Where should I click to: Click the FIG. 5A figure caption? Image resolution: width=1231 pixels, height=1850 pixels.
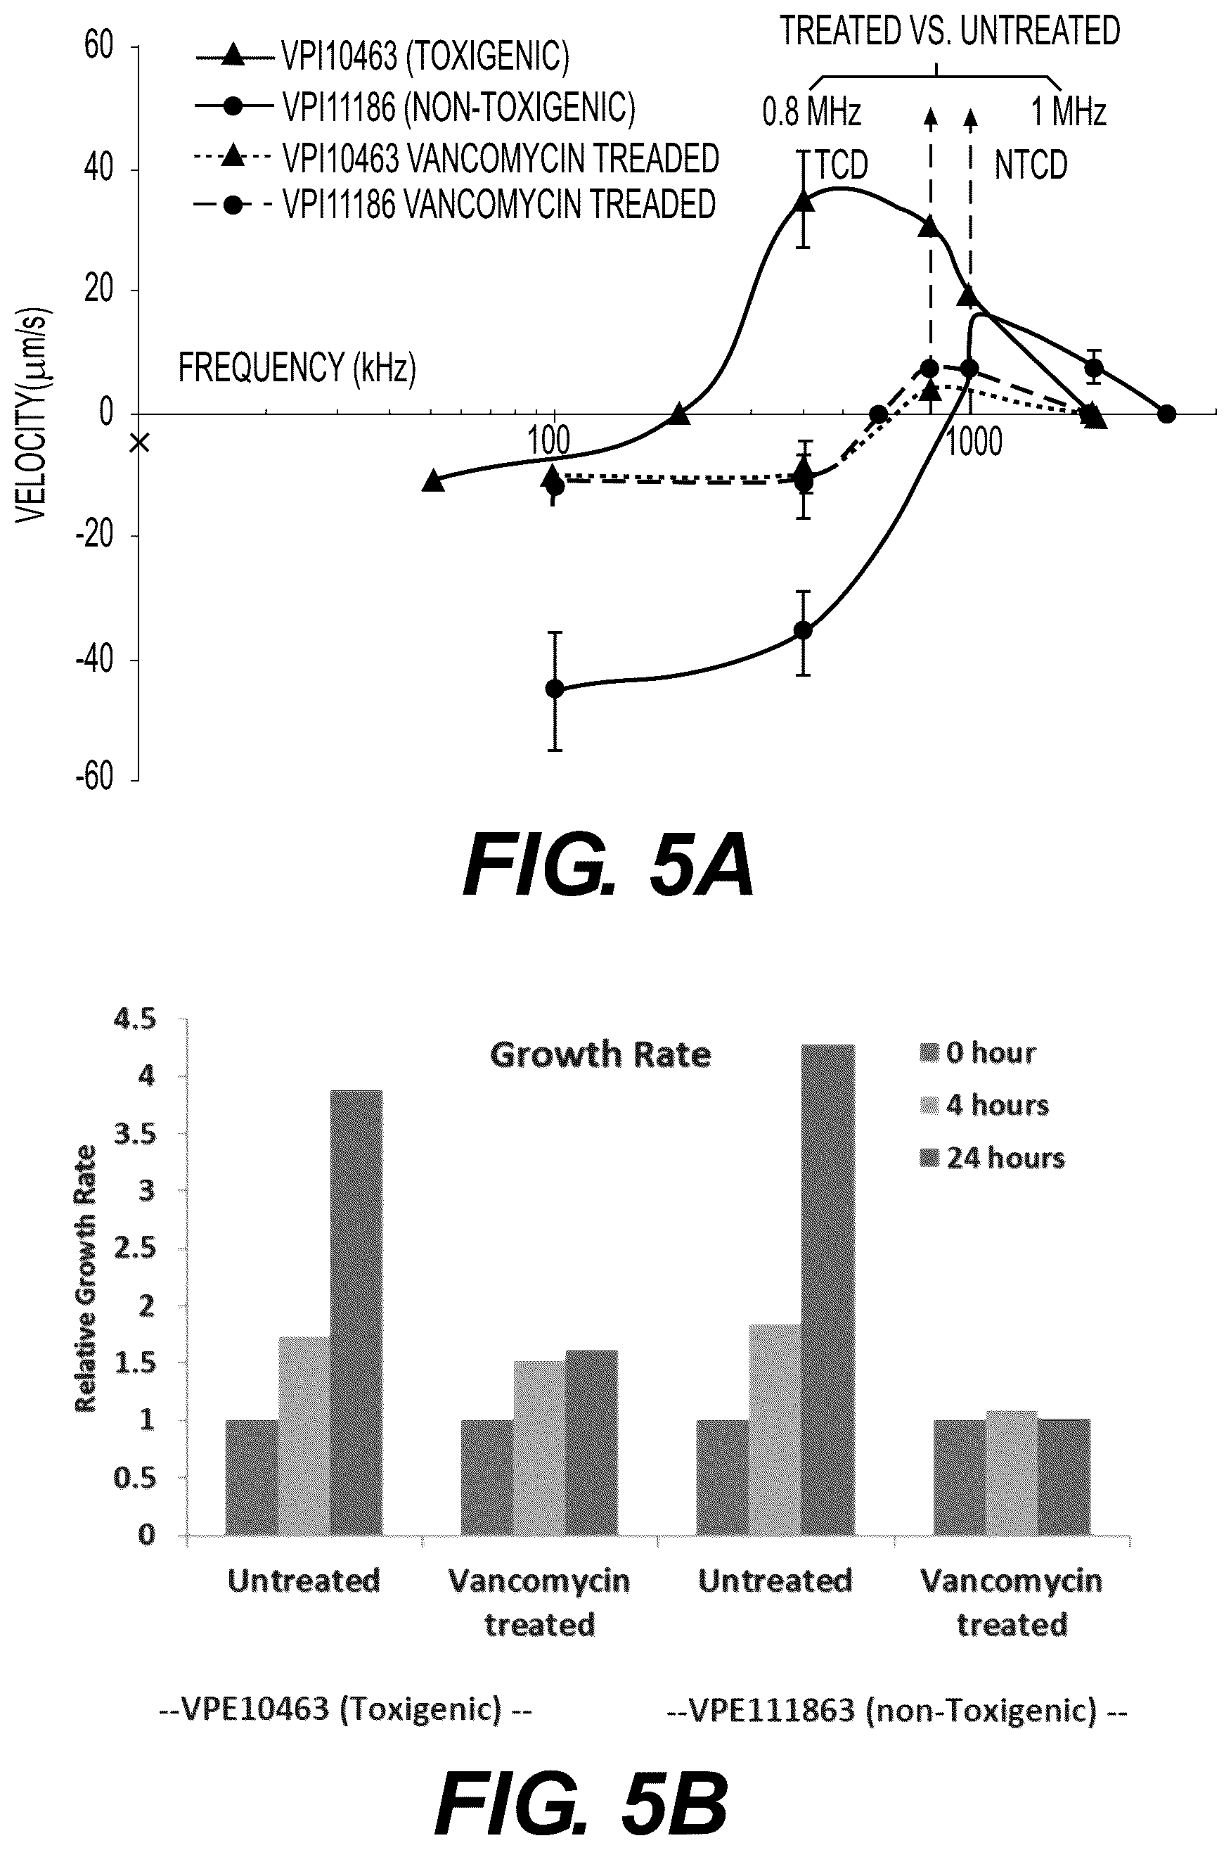[608, 867]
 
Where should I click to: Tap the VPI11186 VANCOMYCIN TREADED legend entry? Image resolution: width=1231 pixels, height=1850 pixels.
[456, 204]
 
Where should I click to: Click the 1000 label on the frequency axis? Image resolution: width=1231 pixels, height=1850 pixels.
[973, 443]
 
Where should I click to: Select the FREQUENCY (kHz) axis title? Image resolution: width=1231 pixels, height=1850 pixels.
[297, 368]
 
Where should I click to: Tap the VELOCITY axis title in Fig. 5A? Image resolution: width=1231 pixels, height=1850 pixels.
[33, 414]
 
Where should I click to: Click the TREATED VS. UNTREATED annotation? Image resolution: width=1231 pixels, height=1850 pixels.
[950, 32]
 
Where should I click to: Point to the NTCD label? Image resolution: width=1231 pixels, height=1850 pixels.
[1031, 166]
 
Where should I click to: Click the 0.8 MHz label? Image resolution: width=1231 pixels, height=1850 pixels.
[812, 113]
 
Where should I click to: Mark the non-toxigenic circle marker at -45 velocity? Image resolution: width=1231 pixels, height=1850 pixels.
[554, 689]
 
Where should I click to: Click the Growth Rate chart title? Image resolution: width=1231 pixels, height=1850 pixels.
[600, 1054]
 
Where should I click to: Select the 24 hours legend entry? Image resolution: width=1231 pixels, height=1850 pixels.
[993, 1158]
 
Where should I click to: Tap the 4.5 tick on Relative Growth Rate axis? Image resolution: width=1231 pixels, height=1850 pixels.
[136, 1020]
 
